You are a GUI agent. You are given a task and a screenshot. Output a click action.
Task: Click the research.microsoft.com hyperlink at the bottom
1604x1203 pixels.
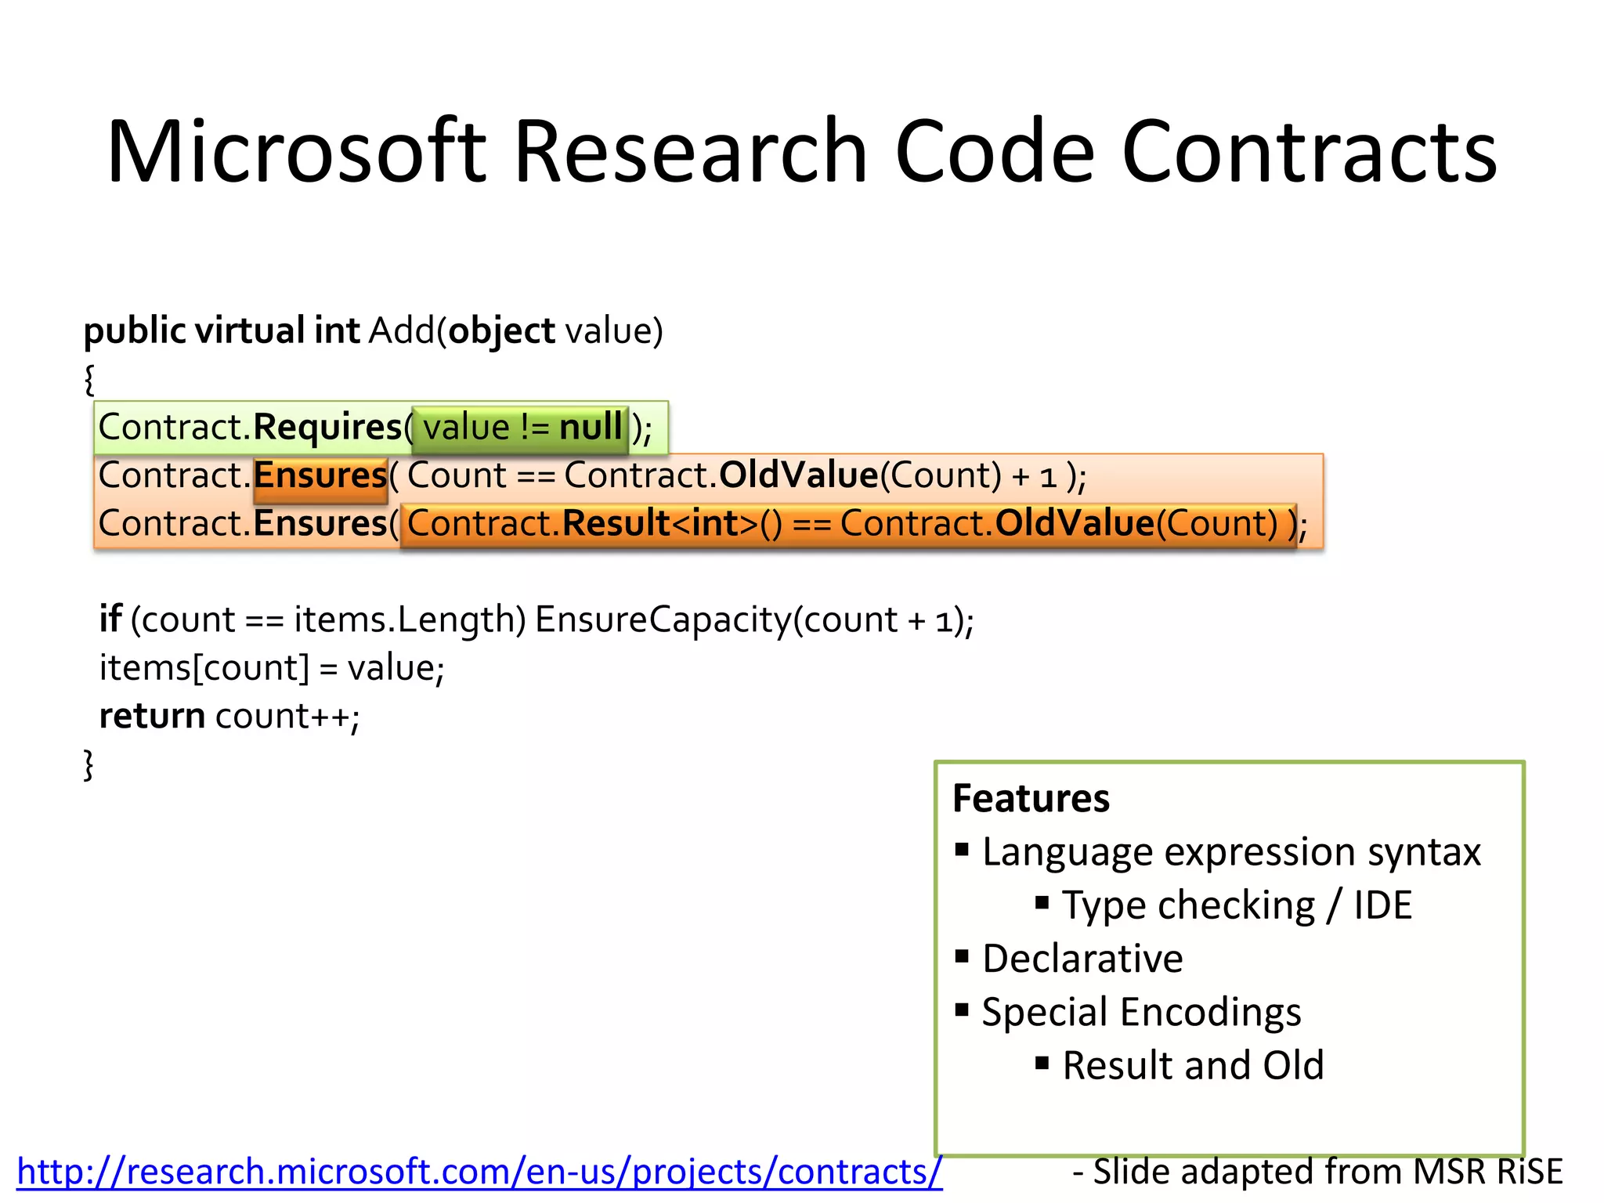pyautogui.click(x=479, y=1172)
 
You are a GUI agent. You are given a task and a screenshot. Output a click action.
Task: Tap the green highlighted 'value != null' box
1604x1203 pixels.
pyautogui.click(x=520, y=428)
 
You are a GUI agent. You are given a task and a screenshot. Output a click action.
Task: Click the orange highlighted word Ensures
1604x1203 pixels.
pyautogui.click(x=320, y=476)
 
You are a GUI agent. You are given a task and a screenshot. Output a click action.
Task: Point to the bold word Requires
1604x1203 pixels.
pyautogui.click(x=327, y=428)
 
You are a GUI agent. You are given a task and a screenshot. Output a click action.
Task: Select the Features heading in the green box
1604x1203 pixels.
pyautogui.click(x=1031, y=799)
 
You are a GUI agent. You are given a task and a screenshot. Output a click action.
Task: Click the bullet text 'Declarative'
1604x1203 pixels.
pyautogui.click(x=1082, y=959)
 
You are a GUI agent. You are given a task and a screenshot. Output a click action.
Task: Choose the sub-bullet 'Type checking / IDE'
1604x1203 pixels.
pyautogui.click(x=1237, y=905)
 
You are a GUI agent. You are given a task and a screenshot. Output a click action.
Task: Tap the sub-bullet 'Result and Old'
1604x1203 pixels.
pyautogui.click(x=1192, y=1066)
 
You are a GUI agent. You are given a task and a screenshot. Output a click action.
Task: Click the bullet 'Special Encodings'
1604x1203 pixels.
pyautogui.click(x=1141, y=1012)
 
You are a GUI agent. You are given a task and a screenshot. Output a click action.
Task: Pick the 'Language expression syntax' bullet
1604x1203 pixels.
pyautogui.click(x=1231, y=852)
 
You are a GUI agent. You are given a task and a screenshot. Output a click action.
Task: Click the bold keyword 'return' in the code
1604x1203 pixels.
pyautogui.click(x=152, y=716)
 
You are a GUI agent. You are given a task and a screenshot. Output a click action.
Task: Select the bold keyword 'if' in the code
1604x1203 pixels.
pyautogui.click(x=110, y=620)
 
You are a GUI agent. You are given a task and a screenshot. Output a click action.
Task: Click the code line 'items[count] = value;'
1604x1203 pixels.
pyautogui.click(x=271, y=668)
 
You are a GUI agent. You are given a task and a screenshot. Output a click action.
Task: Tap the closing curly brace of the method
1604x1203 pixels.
pyautogui.click(x=89, y=764)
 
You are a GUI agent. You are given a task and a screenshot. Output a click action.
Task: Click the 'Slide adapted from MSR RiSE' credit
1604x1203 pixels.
pyautogui.click(x=1317, y=1172)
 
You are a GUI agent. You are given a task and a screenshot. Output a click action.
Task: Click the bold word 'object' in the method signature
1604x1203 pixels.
pyautogui.click(x=502, y=331)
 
